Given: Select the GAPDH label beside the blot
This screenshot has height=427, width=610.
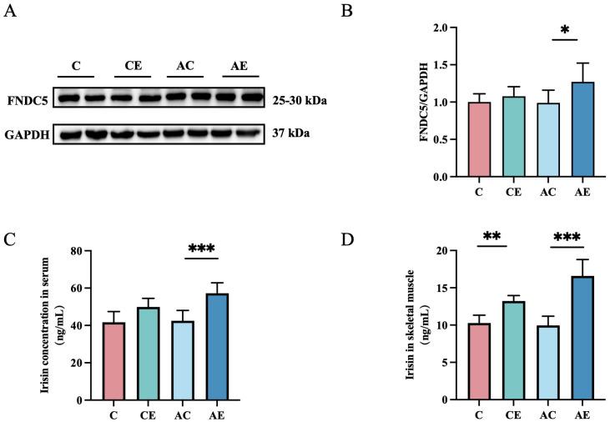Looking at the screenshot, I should (x=24, y=133).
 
